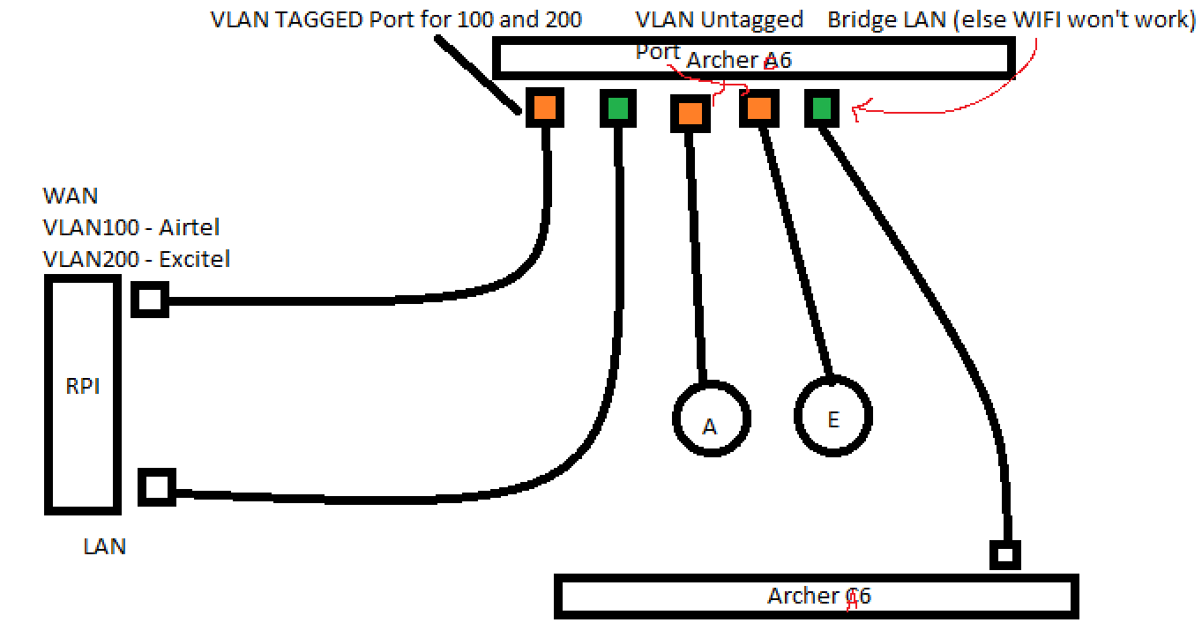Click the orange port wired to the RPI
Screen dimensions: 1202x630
pyautogui.click(x=545, y=107)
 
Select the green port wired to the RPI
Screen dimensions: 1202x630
pyautogui.click(x=618, y=108)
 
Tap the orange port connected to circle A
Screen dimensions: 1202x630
pyautogui.click(x=691, y=113)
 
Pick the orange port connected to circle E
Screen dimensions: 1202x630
pyautogui.click(x=759, y=108)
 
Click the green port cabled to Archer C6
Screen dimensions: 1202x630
pyautogui.click(x=822, y=108)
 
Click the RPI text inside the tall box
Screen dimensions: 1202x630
pyautogui.click(x=83, y=386)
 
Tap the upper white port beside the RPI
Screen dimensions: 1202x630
pyautogui.click(x=150, y=300)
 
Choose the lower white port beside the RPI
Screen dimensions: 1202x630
pyautogui.click(x=157, y=487)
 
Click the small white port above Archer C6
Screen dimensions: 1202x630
pyautogui.click(x=1005, y=555)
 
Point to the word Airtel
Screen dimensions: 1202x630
pyautogui.click(x=189, y=227)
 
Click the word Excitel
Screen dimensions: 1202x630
pyautogui.click(x=194, y=259)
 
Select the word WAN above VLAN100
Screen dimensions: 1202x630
pyautogui.click(x=71, y=196)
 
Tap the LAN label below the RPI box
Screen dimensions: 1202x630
pyautogui.click(x=105, y=547)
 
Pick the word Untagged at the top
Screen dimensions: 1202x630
pyautogui.click(x=751, y=20)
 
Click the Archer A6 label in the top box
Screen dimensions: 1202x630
pyautogui.click(x=739, y=60)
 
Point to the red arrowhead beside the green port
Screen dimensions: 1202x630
pyautogui.click(x=859, y=110)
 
